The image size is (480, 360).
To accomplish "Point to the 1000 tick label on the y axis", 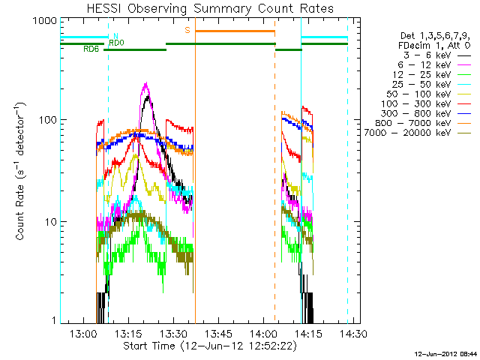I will click(x=44, y=21).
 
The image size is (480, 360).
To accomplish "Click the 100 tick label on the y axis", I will click(x=47, y=120).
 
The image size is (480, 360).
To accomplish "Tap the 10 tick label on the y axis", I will click(x=49, y=222).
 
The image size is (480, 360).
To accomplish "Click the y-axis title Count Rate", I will click(x=20, y=171).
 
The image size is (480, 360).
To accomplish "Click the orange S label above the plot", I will click(x=187, y=29).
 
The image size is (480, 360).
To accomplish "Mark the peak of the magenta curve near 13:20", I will click(x=146, y=84).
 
